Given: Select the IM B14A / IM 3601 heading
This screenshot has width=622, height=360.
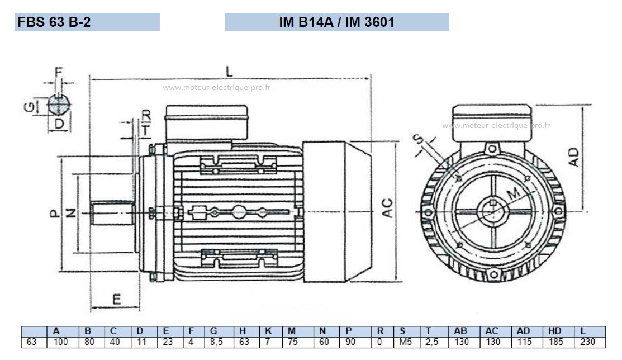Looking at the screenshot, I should [x=336, y=22].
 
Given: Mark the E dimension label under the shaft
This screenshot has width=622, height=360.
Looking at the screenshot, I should [x=116, y=299].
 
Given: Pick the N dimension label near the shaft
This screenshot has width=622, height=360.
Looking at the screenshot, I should [x=70, y=213].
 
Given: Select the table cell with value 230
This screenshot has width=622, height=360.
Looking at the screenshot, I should [x=587, y=342].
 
